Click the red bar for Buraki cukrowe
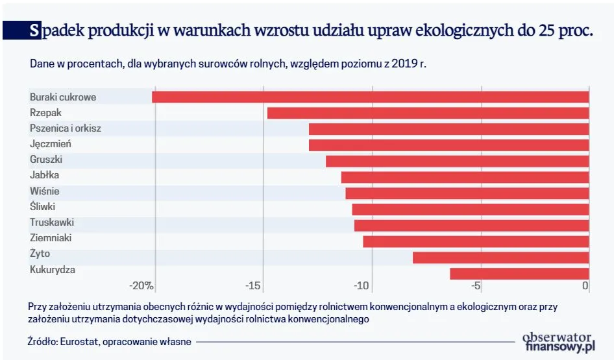[370, 97]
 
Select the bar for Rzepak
[428, 113]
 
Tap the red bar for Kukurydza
[519, 273]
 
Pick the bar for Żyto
[500, 258]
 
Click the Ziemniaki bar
[476, 241]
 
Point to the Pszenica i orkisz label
[66, 128]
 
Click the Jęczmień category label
[51, 144]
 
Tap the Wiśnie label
[45, 191]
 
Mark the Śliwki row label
[43, 207]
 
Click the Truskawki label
[51, 222]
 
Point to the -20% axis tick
[141, 286]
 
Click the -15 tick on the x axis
[254, 286]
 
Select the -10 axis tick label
[361, 286]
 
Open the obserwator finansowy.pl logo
[558, 342]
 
